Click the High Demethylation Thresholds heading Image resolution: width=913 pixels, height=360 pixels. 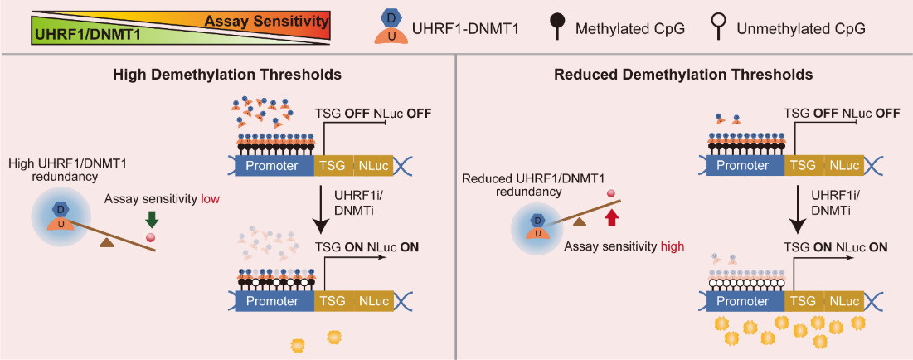tap(227, 75)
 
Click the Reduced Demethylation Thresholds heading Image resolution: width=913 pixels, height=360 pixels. tap(682, 75)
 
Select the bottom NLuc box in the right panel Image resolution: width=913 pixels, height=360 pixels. tap(845, 301)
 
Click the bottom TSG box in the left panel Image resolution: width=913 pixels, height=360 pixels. tap(334, 301)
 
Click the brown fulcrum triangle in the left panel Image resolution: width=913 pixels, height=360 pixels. tap(106, 241)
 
